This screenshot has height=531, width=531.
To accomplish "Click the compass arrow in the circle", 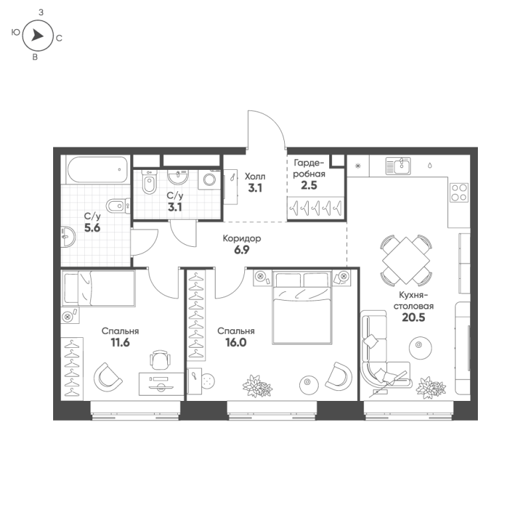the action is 37,35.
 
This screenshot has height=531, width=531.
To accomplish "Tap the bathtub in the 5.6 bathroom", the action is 98,170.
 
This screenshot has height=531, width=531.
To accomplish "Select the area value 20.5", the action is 413,317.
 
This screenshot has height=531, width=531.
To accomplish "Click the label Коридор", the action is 242,238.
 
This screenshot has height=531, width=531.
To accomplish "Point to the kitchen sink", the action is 398,166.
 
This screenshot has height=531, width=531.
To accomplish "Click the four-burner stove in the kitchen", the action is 459,192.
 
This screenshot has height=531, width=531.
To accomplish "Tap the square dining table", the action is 406,260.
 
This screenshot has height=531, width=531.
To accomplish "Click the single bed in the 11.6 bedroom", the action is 98,288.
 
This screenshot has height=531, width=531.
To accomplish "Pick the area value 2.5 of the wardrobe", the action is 309,185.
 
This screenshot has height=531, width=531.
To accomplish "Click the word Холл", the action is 255,177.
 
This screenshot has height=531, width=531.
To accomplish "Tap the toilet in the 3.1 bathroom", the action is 149,182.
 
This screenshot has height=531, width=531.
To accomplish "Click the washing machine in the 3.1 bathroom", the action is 209,179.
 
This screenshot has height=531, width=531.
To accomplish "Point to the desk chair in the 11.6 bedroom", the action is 160,360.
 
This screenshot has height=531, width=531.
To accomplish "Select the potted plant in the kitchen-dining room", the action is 431,387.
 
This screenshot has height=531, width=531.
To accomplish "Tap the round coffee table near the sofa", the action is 420,348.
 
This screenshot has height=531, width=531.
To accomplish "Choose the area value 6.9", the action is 242,250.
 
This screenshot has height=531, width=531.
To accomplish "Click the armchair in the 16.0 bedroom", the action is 339,376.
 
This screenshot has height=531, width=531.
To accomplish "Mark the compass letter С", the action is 59,38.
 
